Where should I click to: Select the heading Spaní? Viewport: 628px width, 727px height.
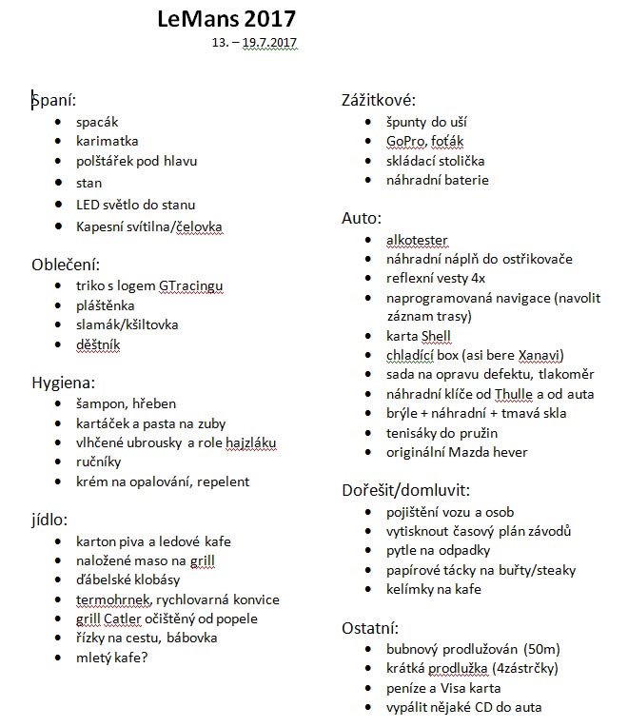53,99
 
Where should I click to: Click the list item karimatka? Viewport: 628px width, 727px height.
108,141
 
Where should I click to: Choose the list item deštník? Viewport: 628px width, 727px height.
99,344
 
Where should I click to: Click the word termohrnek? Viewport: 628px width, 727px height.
114,599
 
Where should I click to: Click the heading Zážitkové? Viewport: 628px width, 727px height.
379,101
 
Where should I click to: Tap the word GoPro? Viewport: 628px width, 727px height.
405,141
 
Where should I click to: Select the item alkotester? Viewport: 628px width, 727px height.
417,239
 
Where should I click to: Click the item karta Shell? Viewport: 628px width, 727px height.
419,336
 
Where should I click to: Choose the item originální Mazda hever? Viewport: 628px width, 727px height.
457,452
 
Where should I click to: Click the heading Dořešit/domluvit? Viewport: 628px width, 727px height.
405,491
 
